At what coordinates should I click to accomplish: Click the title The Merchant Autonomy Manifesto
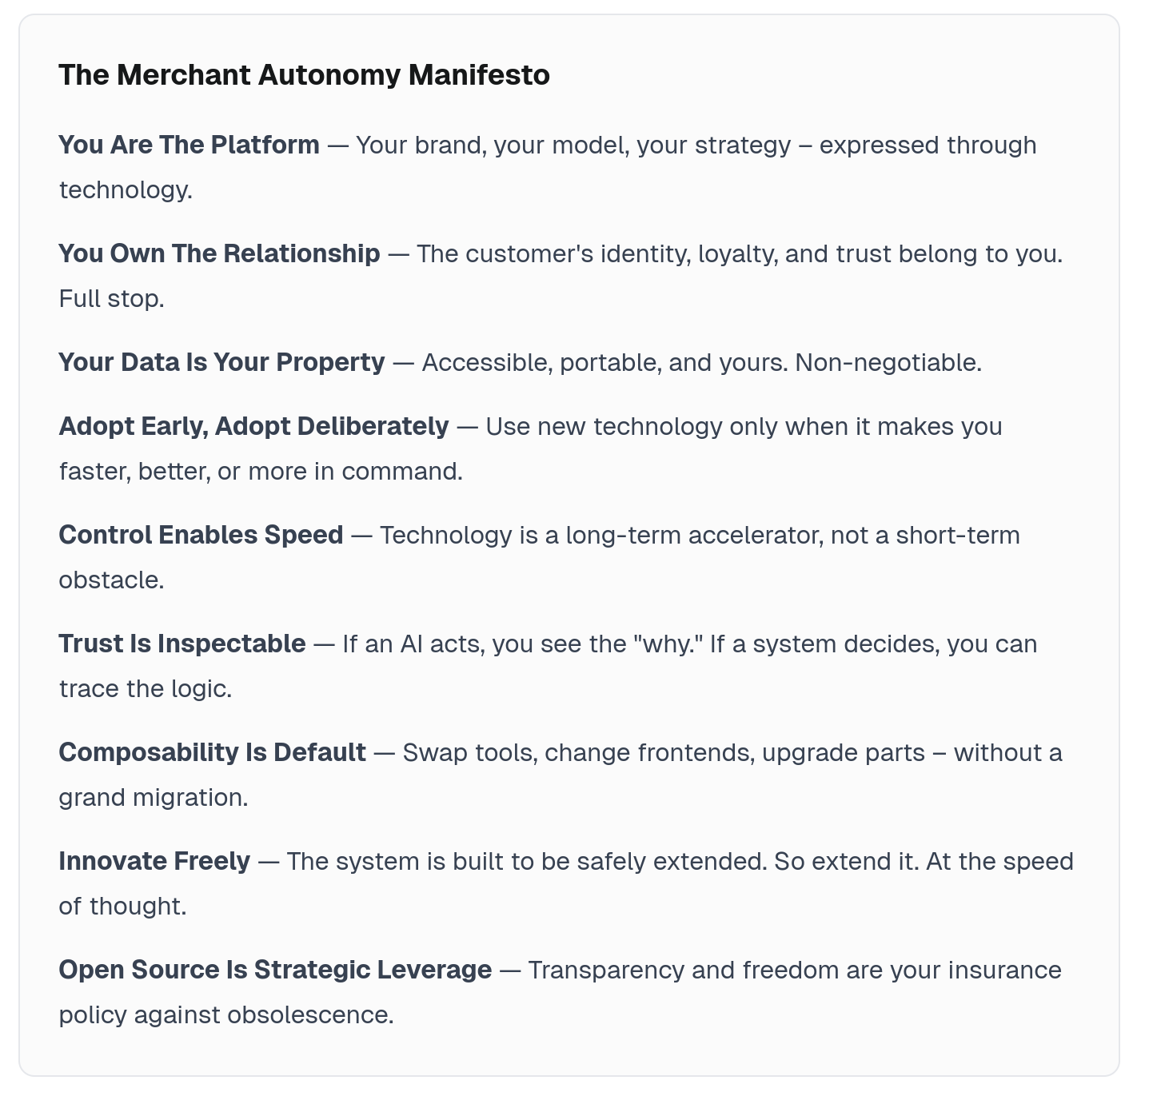(304, 75)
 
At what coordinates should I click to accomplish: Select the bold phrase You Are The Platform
(189, 145)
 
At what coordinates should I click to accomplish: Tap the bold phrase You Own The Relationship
(219, 253)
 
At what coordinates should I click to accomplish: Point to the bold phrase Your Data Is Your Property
(221, 362)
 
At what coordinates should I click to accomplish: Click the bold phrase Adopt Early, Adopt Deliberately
(253, 426)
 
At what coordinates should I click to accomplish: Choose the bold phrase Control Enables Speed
(201, 535)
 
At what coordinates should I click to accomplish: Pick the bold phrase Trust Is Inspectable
(182, 644)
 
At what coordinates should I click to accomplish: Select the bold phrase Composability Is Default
(212, 752)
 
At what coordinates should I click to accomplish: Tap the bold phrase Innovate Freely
(154, 861)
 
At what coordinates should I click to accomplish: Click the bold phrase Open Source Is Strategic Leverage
(275, 970)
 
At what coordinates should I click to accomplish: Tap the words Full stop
(111, 298)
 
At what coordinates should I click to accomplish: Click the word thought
(138, 906)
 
